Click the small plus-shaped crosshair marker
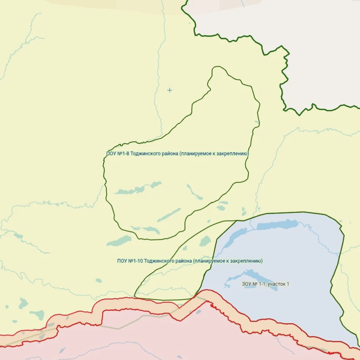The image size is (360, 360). tap(170, 90)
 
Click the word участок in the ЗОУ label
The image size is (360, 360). tap(276, 284)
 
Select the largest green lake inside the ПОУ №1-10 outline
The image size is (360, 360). tap(205, 241)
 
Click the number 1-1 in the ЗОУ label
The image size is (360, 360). tap(261, 284)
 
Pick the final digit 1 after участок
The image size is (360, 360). tap(288, 284)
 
